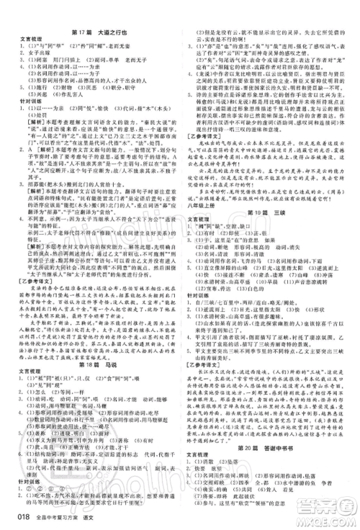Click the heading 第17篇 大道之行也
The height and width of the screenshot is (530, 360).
94,12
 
